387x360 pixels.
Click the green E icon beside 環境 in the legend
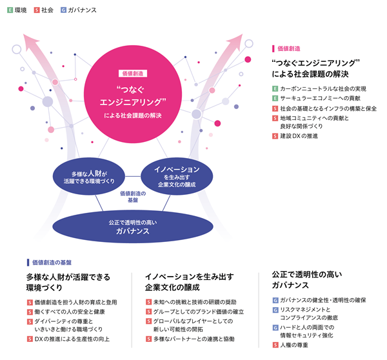click(10, 10)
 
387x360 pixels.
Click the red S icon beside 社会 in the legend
click(37, 10)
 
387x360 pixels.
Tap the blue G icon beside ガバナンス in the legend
click(63, 10)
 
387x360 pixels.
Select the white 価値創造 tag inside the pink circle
click(133, 74)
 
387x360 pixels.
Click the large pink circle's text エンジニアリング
click(133, 102)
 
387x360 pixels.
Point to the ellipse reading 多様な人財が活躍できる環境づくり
click(89, 176)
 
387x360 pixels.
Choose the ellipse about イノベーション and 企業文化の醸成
click(177, 176)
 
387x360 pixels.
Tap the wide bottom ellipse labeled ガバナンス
click(133, 226)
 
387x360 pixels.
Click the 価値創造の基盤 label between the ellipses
click(133, 197)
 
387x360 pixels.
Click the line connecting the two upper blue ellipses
click(133, 176)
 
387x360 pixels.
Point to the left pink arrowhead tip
click(23, 34)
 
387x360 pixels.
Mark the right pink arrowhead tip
click(243, 34)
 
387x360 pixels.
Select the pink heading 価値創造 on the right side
click(289, 48)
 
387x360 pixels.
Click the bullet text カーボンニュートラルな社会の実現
click(323, 88)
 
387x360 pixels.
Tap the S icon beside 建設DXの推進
click(275, 136)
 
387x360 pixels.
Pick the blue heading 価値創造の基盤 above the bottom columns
click(52, 263)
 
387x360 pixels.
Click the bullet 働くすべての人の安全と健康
click(70, 312)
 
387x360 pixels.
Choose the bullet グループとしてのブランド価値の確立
click(199, 312)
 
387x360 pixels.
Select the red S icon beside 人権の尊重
click(275, 345)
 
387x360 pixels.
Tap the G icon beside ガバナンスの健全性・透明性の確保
click(275, 300)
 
